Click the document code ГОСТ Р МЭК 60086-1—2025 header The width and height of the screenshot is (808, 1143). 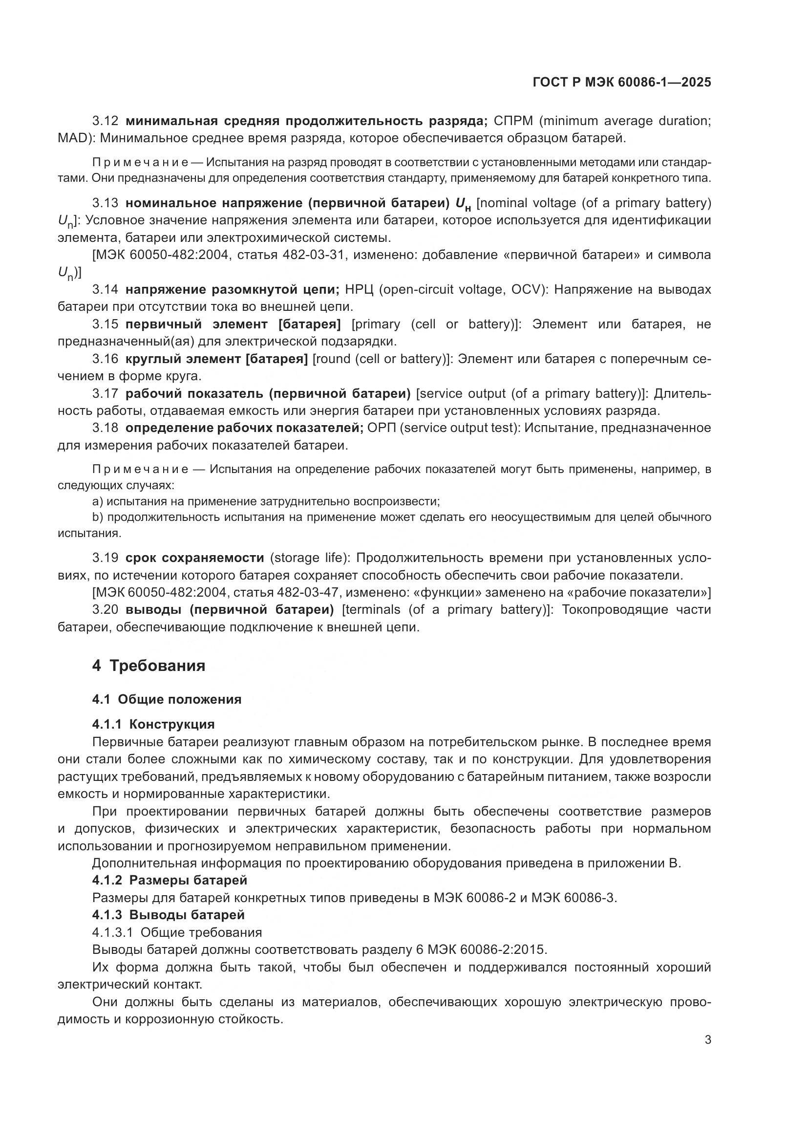[621, 82]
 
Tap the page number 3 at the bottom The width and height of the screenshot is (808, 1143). [707, 1039]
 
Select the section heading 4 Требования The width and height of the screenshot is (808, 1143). [149, 666]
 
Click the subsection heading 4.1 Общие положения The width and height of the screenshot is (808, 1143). [167, 699]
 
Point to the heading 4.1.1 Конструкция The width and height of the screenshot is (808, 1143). [153, 724]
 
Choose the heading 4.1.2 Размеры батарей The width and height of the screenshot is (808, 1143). [170, 880]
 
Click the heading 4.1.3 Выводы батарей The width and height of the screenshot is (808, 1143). [168, 914]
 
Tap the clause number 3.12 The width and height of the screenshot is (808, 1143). [106, 121]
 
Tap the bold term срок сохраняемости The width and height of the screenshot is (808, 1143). [194, 558]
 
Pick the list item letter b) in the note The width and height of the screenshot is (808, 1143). [98, 517]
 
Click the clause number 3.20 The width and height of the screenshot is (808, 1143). [106, 609]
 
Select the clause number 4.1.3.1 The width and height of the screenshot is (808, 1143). [112, 932]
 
